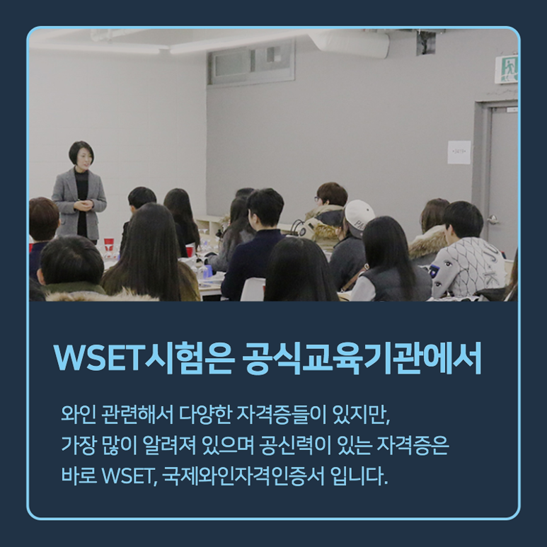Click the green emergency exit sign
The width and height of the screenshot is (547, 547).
click(507, 69)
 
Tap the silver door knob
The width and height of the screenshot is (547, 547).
click(493, 219)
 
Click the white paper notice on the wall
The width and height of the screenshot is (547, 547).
click(459, 152)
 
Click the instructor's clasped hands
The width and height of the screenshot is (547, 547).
click(84, 205)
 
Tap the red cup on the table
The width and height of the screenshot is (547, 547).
click(109, 244)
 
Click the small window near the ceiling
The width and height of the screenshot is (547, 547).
click(251, 63)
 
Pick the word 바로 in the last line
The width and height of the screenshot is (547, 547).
click(79, 476)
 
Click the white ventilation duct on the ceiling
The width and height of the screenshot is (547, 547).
click(349, 42)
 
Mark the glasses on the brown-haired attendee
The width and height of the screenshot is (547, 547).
click(318, 199)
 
